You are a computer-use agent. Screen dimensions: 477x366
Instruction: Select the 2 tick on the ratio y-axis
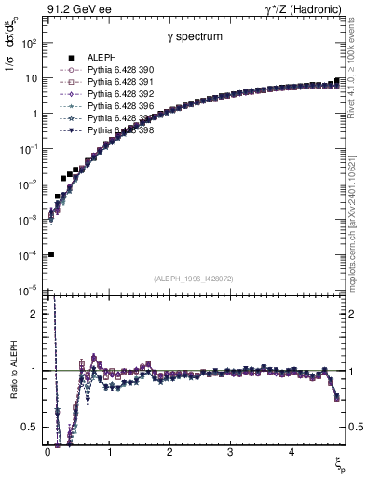[x=34, y=314]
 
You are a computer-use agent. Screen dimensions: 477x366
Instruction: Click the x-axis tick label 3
[x=230, y=454]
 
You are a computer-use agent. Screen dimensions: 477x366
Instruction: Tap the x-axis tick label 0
[x=47, y=454]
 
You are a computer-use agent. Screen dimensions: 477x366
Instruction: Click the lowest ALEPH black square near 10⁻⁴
[x=50, y=253]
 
